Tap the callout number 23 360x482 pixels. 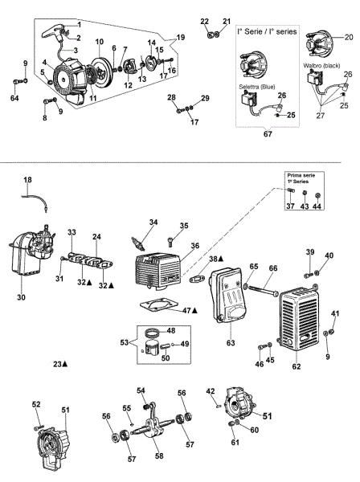57,364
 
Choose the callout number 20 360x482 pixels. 348,37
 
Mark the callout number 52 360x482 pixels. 36,404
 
